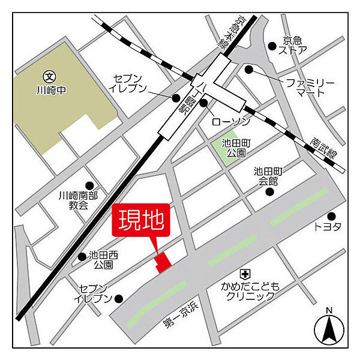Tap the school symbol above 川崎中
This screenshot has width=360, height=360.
click(49, 77)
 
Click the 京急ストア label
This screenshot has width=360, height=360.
click(295, 45)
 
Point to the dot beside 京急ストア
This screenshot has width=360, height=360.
click(272, 44)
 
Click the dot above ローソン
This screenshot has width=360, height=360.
click(203, 104)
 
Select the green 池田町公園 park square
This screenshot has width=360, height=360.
click(224, 146)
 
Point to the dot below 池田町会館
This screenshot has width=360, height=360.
click(269, 192)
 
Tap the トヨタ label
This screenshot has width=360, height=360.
click(328, 226)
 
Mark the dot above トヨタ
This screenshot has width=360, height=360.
click(331, 215)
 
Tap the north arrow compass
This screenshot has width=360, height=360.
click(328, 327)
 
